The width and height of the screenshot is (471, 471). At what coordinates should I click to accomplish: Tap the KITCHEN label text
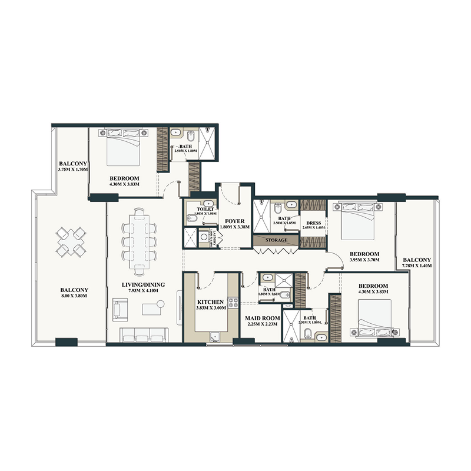click(210, 302)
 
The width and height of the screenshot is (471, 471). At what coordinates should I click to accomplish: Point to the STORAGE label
click(276, 240)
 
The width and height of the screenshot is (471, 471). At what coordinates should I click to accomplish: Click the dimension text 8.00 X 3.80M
click(74, 297)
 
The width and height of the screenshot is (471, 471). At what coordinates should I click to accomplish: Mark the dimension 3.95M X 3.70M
click(362, 259)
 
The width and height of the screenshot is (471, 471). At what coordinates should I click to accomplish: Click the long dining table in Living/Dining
click(141, 241)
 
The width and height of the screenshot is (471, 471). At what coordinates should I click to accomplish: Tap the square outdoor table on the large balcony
click(70, 242)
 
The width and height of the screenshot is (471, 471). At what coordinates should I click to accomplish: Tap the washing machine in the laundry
click(204, 237)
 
